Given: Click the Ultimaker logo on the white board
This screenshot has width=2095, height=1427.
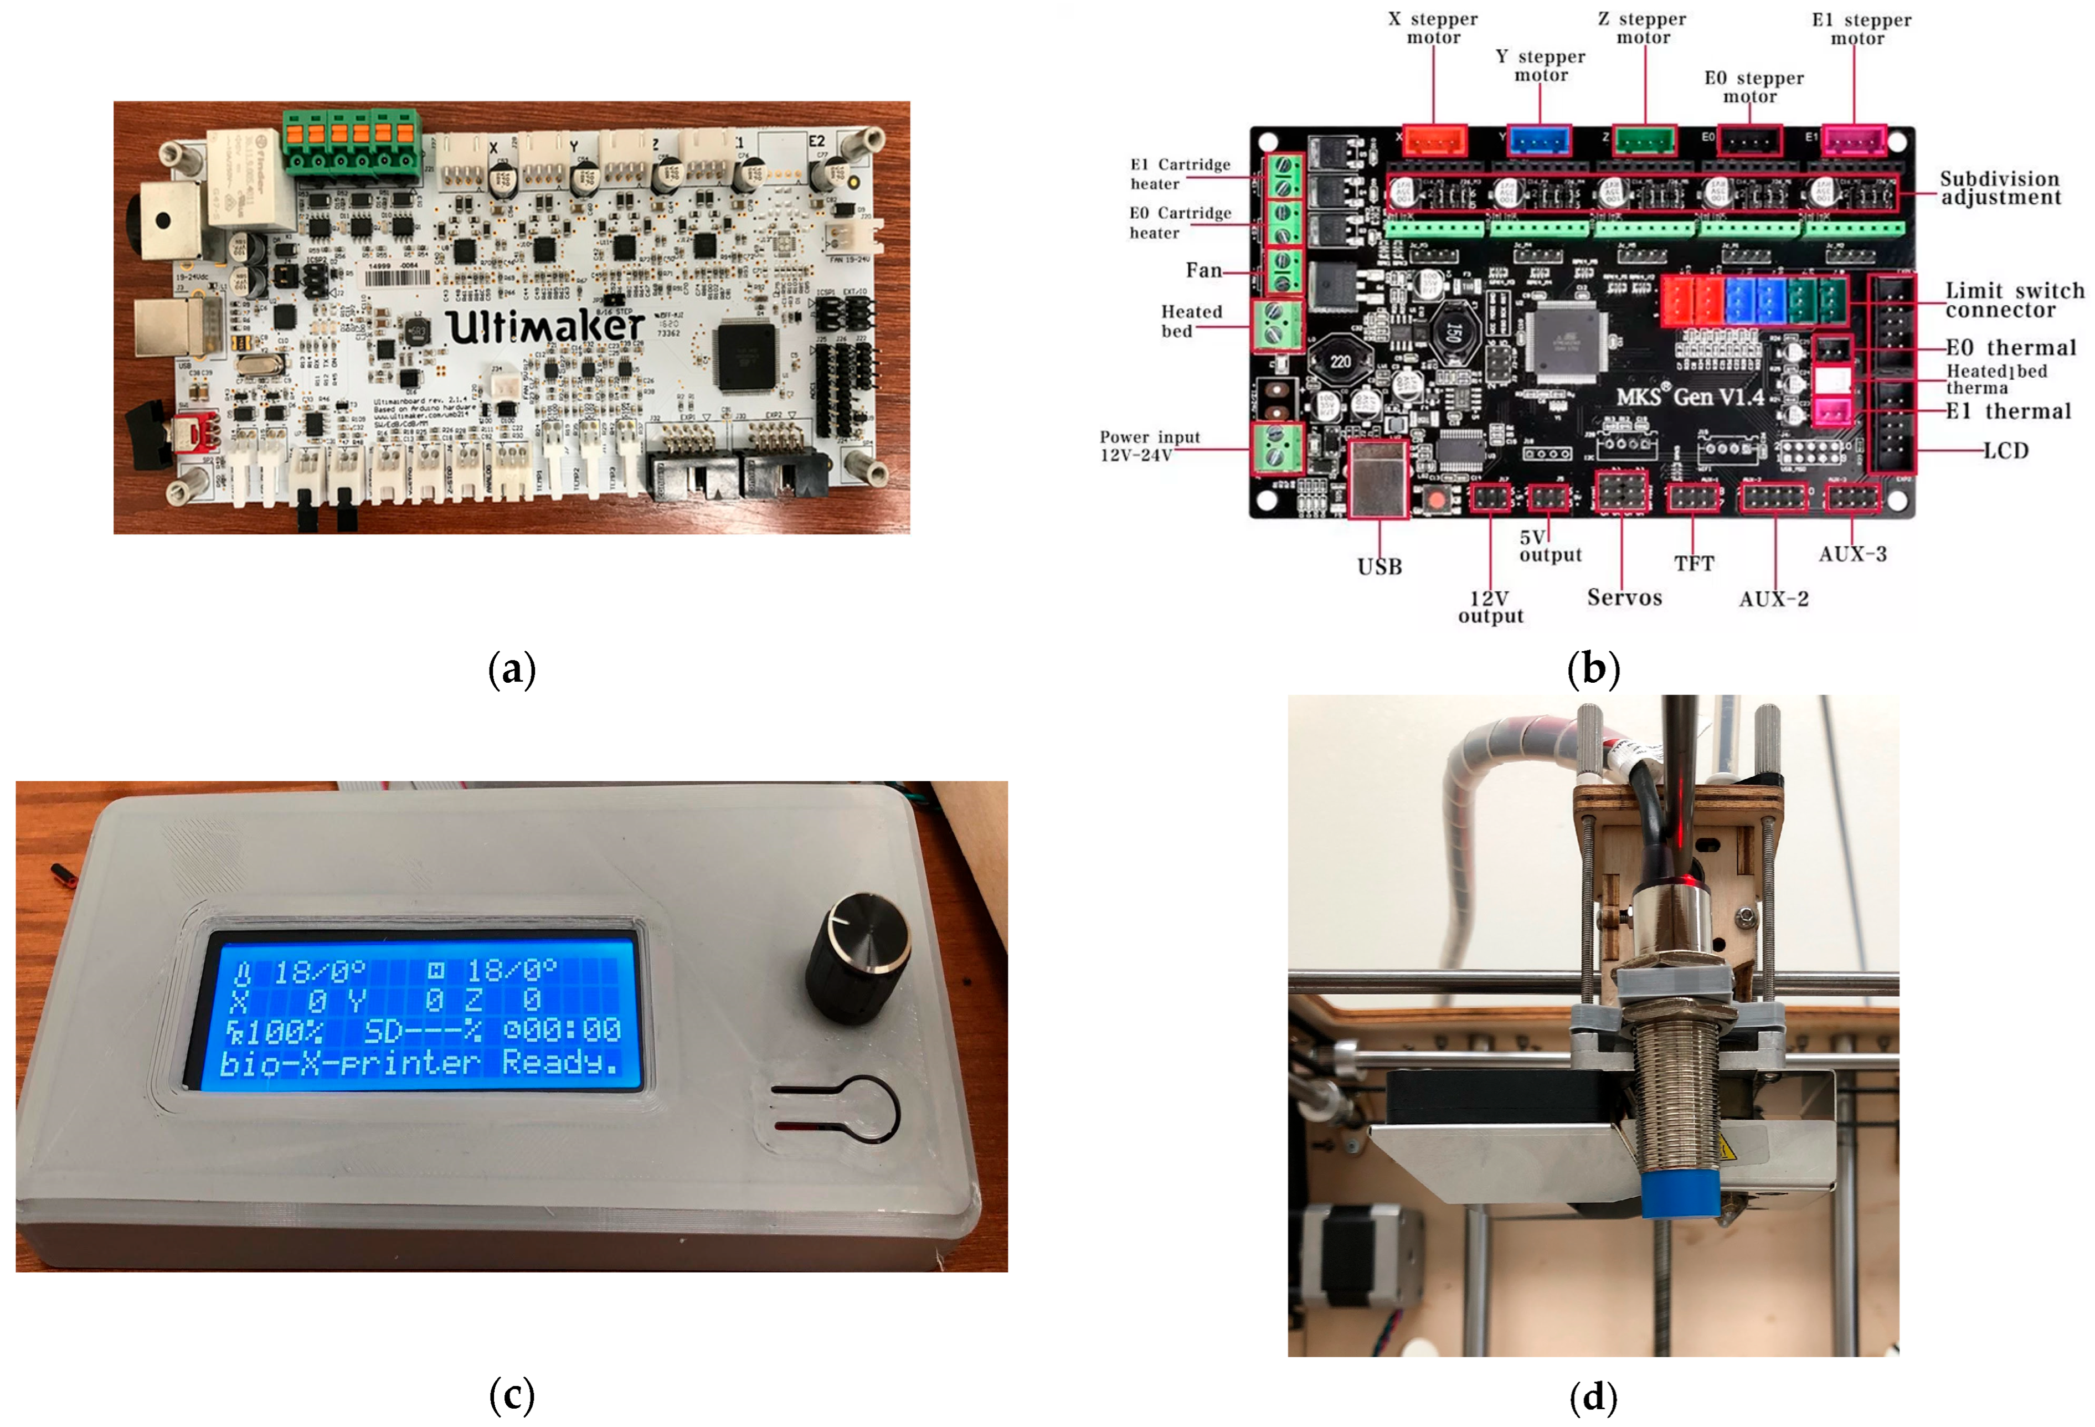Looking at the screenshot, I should click(x=545, y=326).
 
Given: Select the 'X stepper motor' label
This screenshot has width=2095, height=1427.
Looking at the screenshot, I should click(x=1433, y=28).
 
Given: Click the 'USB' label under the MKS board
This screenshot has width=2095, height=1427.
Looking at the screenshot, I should click(x=1379, y=566).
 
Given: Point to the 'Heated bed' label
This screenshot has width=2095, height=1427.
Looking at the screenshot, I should click(x=1190, y=321).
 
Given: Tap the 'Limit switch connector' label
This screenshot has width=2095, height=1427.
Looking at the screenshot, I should click(x=2014, y=300).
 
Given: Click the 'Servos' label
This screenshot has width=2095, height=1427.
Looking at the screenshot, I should click(x=1624, y=597).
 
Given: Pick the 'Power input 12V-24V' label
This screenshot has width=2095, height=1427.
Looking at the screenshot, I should click(x=1149, y=445).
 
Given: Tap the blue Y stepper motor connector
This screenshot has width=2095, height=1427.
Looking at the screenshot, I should click(x=1540, y=141).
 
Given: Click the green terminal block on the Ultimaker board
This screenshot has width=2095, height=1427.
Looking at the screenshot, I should click(x=352, y=142).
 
